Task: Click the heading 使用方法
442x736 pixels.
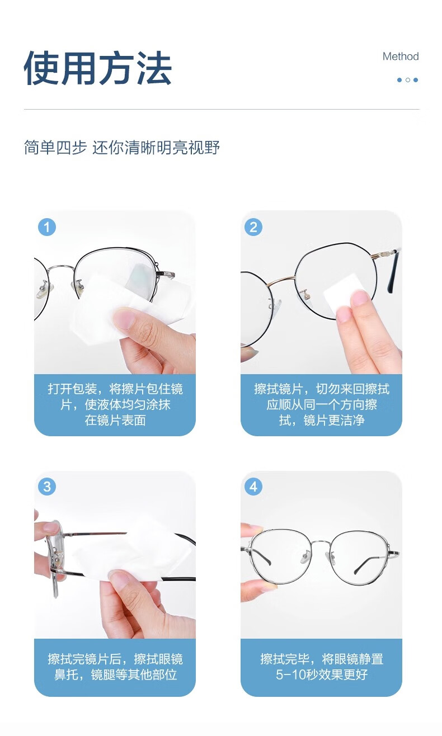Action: tap(97, 68)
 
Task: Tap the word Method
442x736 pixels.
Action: tap(400, 56)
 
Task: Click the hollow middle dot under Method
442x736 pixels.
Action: tap(407, 80)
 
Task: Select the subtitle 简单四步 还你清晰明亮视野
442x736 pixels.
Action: tap(121, 147)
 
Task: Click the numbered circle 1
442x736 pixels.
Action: tap(46, 227)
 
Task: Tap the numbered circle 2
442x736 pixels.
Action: tap(253, 227)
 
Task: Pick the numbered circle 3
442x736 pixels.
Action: tap(46, 487)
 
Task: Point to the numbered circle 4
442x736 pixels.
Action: tap(253, 487)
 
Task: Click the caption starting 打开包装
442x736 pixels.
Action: tap(115, 404)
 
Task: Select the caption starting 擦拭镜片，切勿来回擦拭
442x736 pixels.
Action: tap(321, 404)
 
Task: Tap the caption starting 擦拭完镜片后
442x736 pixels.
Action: tap(115, 667)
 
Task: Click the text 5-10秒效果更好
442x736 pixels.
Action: tap(321, 674)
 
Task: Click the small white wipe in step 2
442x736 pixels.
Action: tap(342, 294)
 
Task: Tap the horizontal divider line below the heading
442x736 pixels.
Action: tap(222, 108)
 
